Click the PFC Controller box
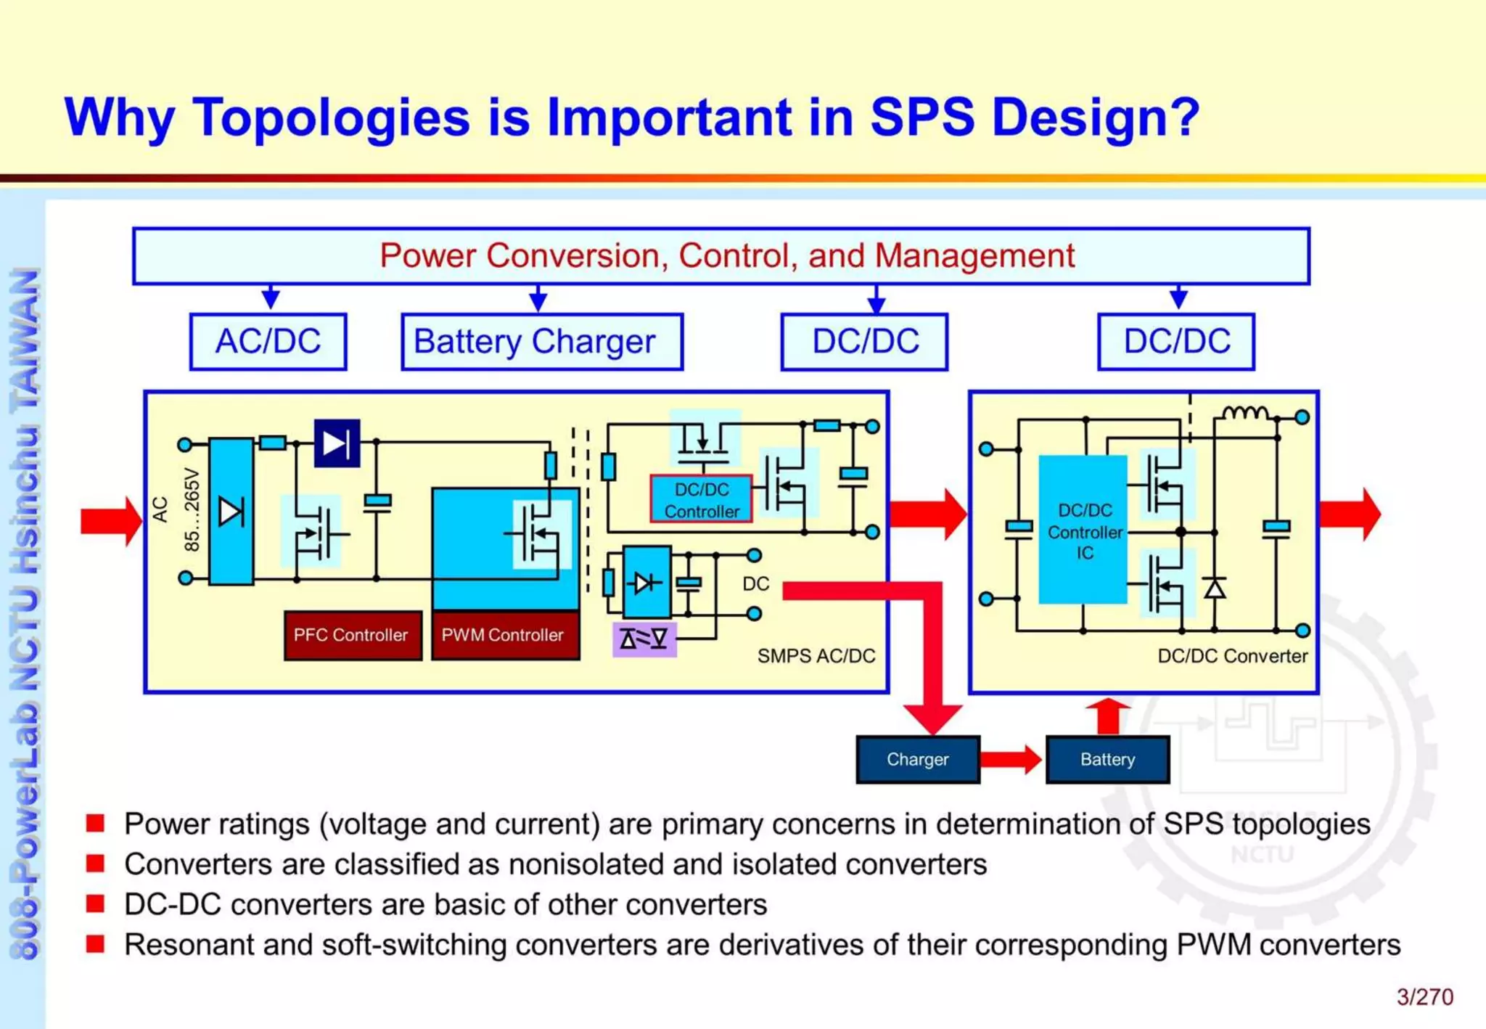(x=353, y=635)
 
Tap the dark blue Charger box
(x=918, y=759)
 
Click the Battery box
(x=1107, y=759)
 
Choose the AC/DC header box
(x=268, y=342)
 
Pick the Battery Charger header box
(x=541, y=342)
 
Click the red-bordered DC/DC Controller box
(x=701, y=499)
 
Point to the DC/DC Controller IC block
(x=1083, y=530)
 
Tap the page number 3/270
(x=1424, y=997)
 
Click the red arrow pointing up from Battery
(x=1108, y=716)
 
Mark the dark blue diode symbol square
(x=337, y=443)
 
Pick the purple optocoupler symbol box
(x=644, y=639)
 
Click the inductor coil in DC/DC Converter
(x=1245, y=413)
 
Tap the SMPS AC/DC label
(x=816, y=656)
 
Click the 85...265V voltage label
(x=192, y=510)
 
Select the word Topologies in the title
(x=331, y=118)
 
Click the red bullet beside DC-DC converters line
(x=95, y=903)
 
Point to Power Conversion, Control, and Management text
(x=726, y=255)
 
